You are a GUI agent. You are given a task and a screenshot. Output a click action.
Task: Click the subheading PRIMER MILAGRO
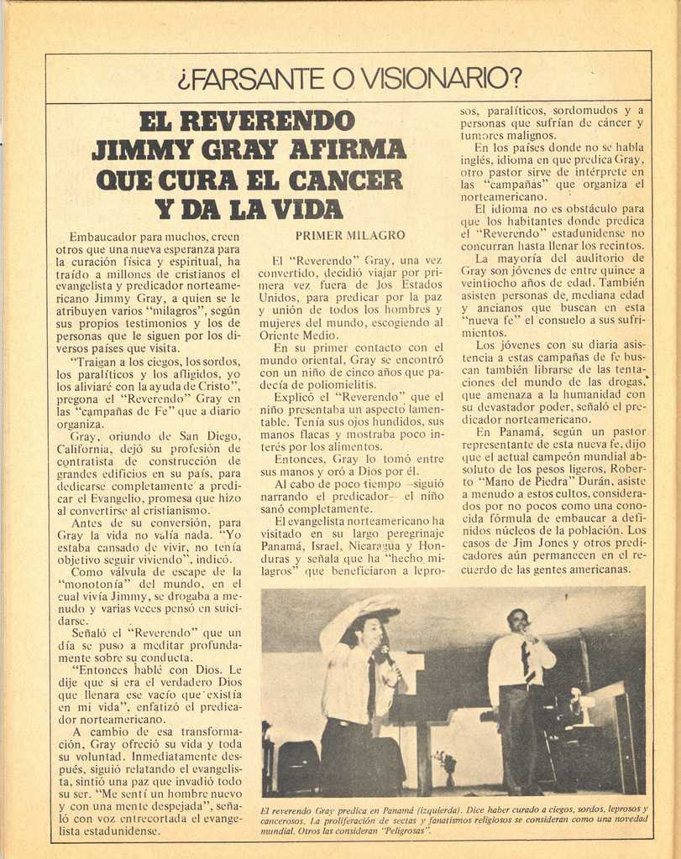coord(350,236)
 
